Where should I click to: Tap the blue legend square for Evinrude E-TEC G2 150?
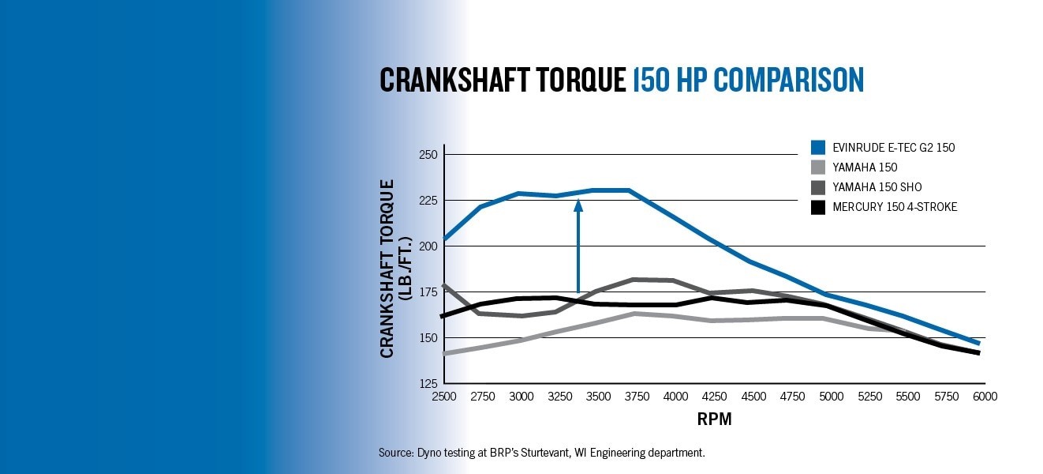pos(818,147)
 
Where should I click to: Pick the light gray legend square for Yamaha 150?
pos(818,167)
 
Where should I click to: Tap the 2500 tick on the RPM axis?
pos(444,397)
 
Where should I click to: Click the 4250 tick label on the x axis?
pos(715,397)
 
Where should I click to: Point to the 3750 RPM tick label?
pos(637,397)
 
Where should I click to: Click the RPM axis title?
pos(714,419)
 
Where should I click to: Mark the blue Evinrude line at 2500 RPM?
pos(445,239)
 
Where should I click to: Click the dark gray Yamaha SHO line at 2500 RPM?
pos(445,285)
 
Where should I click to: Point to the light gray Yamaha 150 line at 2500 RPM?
pos(445,353)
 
